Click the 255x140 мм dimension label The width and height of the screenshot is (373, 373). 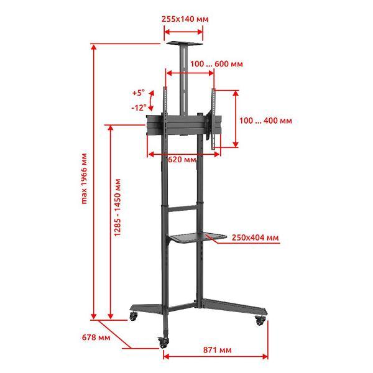[185, 19]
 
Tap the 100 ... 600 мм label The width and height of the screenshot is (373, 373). [216, 64]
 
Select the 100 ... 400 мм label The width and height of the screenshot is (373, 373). [265, 121]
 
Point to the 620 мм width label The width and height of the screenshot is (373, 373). [182, 159]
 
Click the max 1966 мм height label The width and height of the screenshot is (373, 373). [84, 178]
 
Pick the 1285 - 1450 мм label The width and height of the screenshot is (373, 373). [117, 208]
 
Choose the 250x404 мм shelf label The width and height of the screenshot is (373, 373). [256, 237]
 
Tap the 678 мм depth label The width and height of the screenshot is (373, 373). [96, 338]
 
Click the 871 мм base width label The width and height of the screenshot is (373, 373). [217, 350]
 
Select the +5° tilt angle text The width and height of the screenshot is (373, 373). [139, 93]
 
